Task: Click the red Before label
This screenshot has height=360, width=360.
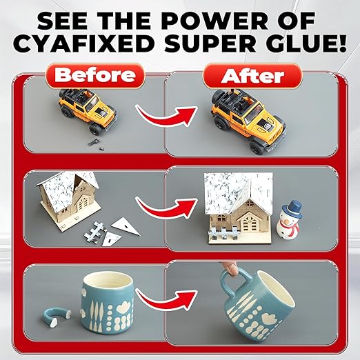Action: (x=95, y=76)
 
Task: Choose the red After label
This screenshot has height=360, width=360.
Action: (x=252, y=76)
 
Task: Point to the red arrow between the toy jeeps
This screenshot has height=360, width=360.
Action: (x=166, y=115)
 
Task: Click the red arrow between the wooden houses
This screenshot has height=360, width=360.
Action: (x=166, y=208)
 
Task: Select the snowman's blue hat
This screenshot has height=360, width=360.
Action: (x=292, y=210)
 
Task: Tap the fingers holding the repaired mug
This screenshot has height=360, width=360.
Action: (x=230, y=268)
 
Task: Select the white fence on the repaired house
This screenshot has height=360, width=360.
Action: (x=223, y=232)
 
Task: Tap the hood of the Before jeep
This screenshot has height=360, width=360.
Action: (x=105, y=111)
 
